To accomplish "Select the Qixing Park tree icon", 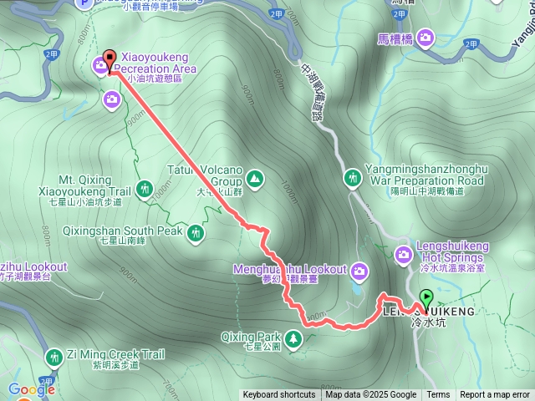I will tap(293, 338).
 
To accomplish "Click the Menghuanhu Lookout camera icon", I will tap(359, 270).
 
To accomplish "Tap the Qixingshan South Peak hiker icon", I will tap(196, 232).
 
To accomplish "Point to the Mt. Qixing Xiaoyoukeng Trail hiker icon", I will tap(146, 189).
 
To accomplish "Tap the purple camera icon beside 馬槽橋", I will tap(426, 37).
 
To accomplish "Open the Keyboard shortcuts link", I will tap(279, 395).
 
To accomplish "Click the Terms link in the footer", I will tap(438, 395).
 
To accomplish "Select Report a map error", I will tap(496, 395).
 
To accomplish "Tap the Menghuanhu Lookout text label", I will tap(302, 270).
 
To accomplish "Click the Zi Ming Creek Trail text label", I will tap(105, 355).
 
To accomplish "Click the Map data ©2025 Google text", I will tap(371, 395).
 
